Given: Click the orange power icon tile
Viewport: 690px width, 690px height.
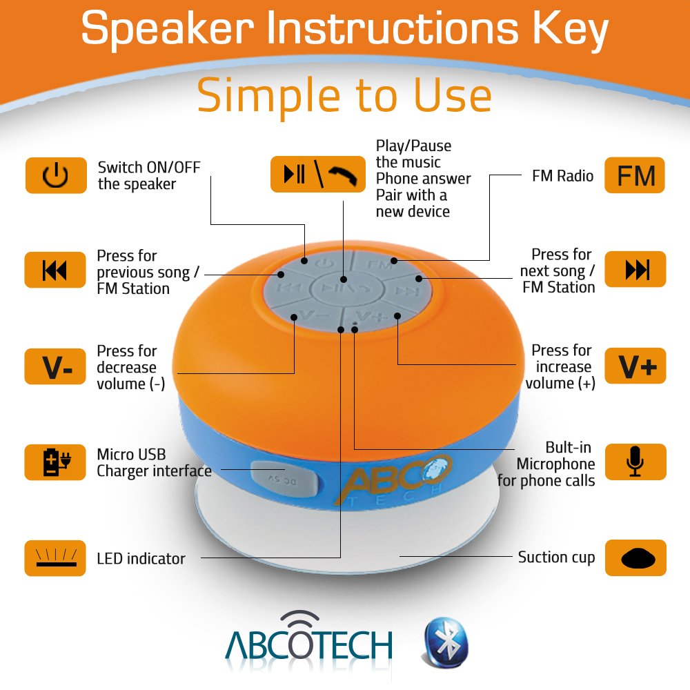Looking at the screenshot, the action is pos(56,175).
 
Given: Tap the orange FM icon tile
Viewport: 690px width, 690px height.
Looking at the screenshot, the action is pos(635,175).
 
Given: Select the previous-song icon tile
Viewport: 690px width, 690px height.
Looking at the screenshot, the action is pos(55,270).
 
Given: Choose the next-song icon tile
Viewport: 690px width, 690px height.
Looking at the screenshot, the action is pos(635,269).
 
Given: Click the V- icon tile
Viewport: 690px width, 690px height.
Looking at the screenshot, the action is pos(55,366).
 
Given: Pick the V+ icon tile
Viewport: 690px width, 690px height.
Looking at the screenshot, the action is pos(635,366).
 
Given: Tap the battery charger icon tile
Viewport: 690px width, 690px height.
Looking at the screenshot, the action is pos(55,462).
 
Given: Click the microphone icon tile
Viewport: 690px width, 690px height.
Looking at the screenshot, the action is pos(635,462).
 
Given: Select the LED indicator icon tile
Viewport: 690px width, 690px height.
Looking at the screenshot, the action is pos(55,558).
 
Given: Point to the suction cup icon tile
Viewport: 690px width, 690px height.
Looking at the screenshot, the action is pos(635,558).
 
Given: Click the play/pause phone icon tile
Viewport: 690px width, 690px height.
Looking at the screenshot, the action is pos(317,175).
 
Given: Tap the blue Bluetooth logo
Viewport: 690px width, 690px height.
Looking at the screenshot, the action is pos(445,642).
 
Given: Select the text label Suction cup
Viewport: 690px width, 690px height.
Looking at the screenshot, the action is pos(556,558).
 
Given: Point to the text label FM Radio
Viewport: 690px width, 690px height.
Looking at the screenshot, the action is pos(562,176).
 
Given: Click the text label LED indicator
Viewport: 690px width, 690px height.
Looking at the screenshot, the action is pos(141,558).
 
